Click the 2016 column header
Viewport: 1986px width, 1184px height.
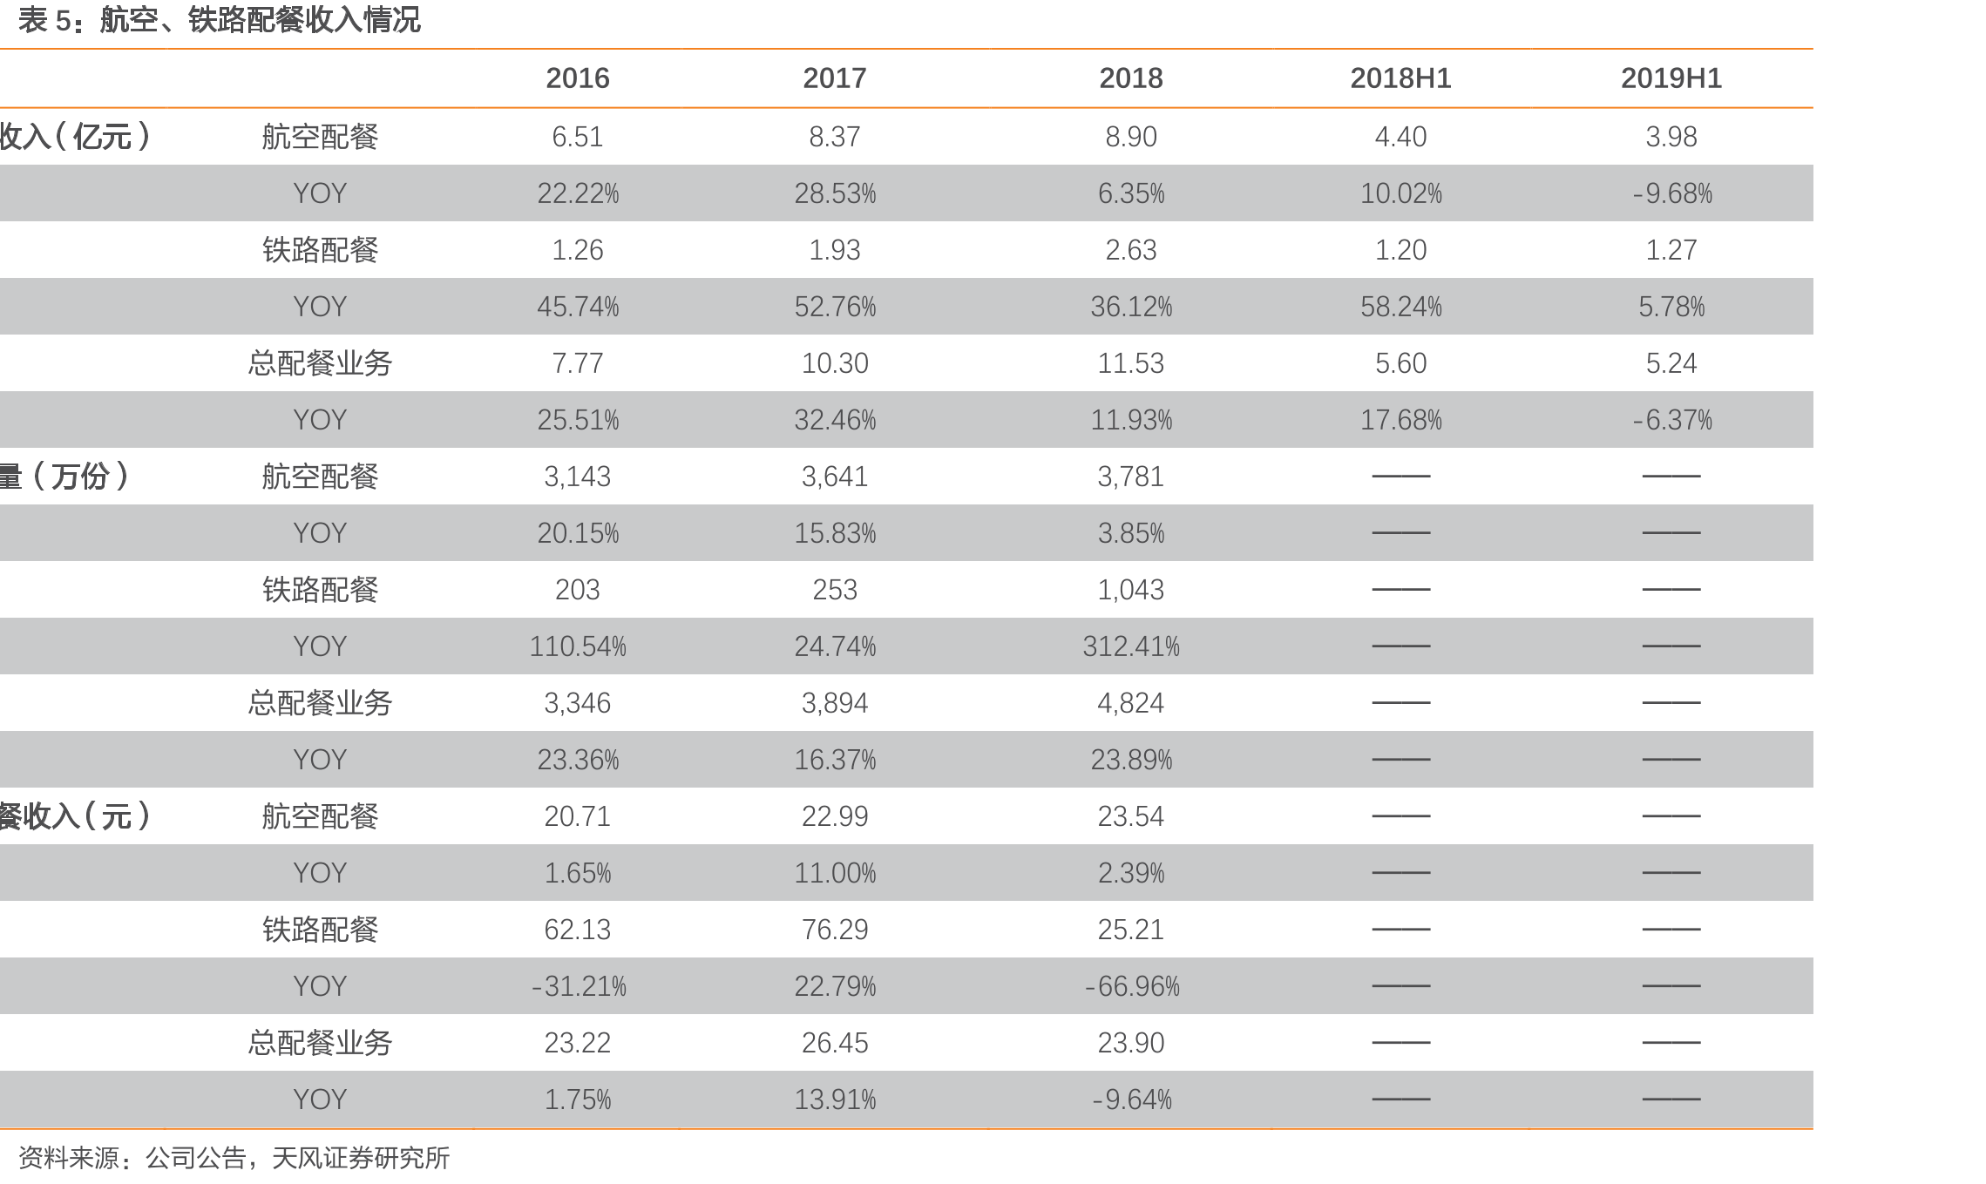577,78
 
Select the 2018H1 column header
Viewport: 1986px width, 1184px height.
1400,78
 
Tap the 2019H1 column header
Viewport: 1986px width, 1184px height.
1671,78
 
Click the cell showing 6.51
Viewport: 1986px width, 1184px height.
577,137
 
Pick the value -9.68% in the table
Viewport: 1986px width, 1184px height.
1671,193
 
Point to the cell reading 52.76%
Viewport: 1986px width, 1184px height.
835,307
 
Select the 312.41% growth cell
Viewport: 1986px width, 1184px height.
1131,646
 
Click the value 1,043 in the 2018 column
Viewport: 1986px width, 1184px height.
1131,590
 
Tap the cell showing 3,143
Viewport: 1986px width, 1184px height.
577,477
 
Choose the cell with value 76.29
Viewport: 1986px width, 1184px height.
835,930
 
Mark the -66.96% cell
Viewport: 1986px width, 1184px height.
1131,986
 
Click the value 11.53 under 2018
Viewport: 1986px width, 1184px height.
1131,363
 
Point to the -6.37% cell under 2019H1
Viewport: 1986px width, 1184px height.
1671,420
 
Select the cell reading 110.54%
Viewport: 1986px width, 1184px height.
577,646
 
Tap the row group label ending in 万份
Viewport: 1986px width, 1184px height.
65,477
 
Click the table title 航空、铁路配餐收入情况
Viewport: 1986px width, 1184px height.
260,20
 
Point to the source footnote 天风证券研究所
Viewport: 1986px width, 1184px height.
361,1158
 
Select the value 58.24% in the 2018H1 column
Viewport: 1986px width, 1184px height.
1400,307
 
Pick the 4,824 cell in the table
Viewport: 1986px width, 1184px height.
1131,703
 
